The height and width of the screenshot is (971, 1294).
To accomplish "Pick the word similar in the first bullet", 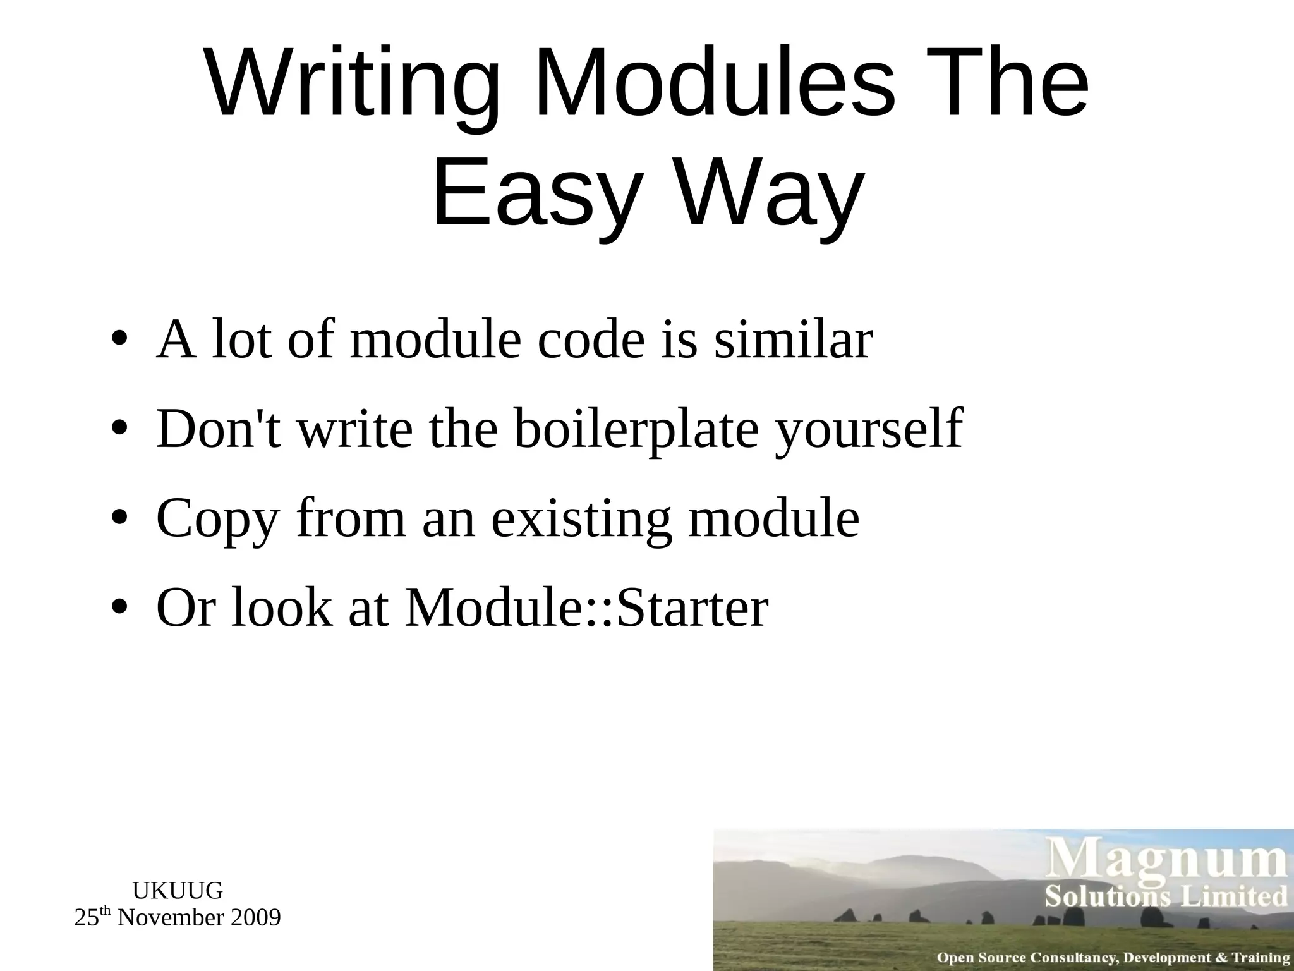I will click(x=794, y=339).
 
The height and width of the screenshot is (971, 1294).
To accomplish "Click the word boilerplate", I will click(x=636, y=429).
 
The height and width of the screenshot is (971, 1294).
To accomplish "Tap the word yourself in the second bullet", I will click(x=869, y=429).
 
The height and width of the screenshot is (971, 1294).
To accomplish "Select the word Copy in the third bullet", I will click(x=217, y=518).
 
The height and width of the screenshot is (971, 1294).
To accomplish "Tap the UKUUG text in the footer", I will click(x=178, y=891).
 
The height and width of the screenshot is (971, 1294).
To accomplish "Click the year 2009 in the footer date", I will click(x=255, y=917).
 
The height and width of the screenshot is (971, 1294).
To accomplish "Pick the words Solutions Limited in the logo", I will click(x=1166, y=896).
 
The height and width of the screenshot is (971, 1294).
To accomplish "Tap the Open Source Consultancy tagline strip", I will click(x=1113, y=958).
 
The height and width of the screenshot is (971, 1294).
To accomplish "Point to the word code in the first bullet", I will click(x=591, y=339).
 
